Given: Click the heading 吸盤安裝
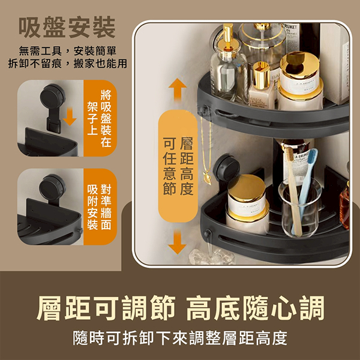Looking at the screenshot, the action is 67,27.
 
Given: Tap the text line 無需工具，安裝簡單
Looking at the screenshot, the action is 67,51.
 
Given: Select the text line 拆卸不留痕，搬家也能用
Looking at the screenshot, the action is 67,64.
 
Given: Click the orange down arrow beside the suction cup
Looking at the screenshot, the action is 70,117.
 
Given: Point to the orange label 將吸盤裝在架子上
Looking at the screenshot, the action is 100,118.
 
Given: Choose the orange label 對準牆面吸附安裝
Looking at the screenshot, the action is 100,206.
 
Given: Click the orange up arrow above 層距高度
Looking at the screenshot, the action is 178,90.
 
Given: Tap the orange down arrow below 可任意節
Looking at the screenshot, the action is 177,242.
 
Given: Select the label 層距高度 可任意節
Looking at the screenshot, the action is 178,166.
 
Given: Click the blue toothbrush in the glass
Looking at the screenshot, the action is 305,191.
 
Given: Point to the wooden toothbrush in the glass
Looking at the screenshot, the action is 294,192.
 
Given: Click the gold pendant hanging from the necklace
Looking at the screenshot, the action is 207,179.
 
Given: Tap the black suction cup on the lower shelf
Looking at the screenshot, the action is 226,167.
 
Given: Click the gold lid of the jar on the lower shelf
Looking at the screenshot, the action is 247,188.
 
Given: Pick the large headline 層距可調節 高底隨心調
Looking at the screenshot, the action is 181,308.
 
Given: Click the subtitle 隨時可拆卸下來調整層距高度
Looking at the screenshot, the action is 180,338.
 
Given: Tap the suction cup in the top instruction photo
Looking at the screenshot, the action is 53,97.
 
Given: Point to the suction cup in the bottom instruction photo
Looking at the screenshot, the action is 52,188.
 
